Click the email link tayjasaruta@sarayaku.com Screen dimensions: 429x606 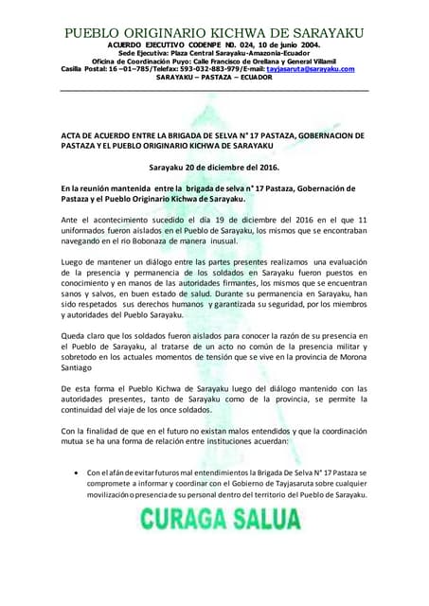pyautogui.click(x=315, y=69)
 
